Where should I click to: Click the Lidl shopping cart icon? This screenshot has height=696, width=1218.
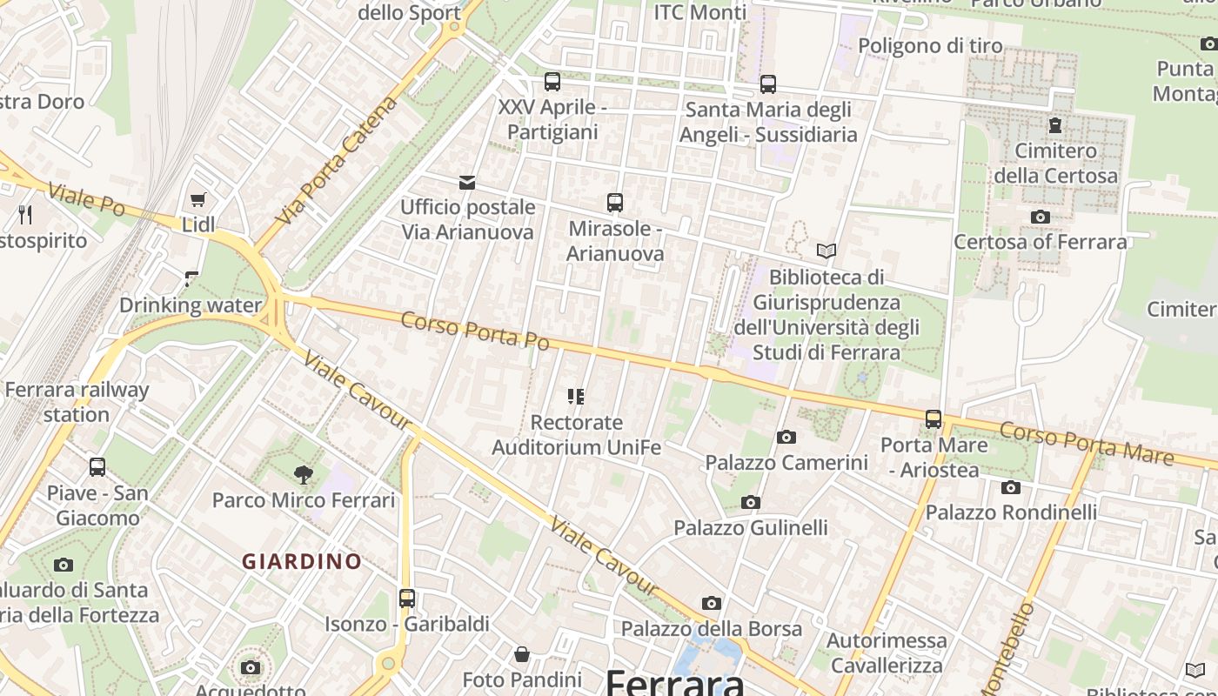pos(197,200)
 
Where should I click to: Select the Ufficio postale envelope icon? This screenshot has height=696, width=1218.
pos(467,183)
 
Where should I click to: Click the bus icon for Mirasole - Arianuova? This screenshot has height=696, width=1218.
pos(615,203)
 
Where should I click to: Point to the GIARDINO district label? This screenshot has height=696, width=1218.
pos(301,562)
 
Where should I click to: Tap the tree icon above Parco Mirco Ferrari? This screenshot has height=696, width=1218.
pos(304,474)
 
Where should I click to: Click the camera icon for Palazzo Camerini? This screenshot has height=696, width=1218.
pos(786,437)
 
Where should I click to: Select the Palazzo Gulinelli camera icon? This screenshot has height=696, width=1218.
pos(751,502)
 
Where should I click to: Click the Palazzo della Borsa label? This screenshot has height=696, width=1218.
pos(711,628)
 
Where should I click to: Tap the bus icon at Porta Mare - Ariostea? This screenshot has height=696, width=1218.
pos(934,419)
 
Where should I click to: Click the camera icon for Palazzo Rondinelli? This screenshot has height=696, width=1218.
pos(1010,487)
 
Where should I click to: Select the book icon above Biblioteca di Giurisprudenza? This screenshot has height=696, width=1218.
pos(826,251)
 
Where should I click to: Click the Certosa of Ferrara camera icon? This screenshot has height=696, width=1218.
pos(1040,217)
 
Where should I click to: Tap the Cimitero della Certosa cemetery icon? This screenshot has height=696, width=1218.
pos(1055,125)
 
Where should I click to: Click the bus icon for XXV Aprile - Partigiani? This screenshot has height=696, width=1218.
pos(552,82)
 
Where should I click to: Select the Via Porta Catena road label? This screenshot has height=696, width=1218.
pos(337,160)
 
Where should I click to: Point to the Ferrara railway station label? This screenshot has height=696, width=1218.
pos(77,402)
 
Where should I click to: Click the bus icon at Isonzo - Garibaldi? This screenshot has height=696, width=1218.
pos(407,599)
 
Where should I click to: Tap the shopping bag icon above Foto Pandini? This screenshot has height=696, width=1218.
pos(522,654)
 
